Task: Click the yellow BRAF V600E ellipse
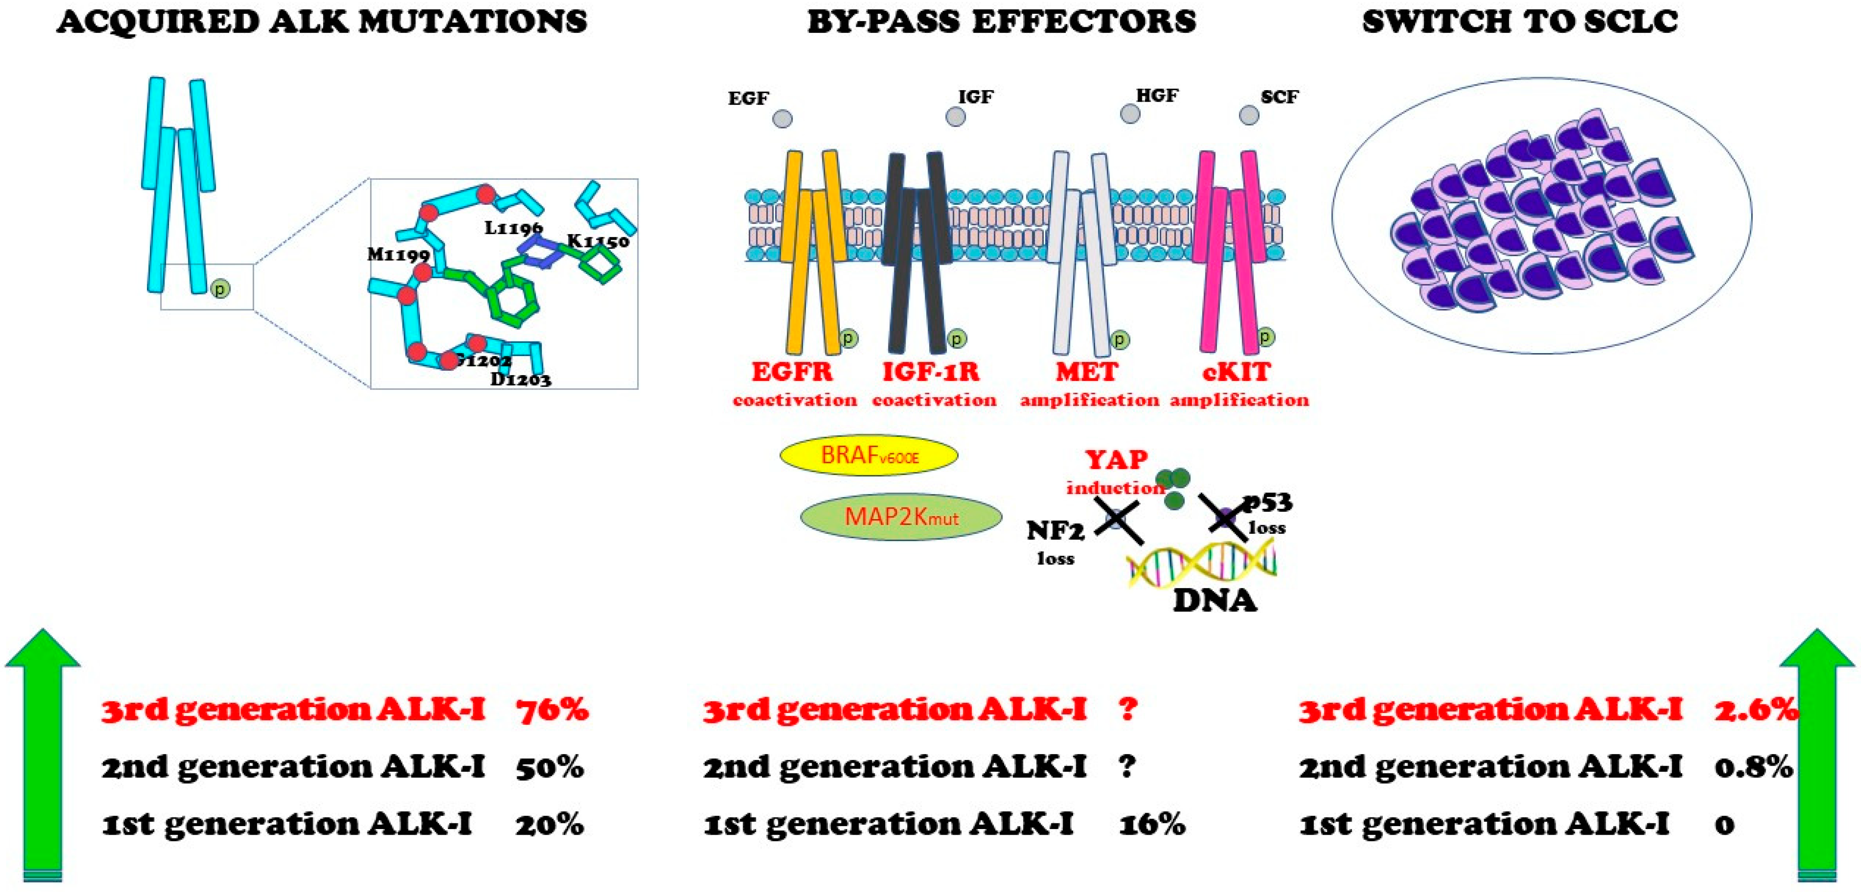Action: [868, 455]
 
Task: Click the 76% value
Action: [552, 710]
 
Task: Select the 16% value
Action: [1151, 824]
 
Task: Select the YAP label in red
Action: [1116, 459]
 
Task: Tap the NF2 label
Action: [1055, 531]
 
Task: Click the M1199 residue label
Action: [398, 254]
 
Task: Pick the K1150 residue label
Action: [598, 241]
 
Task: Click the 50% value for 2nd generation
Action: [549, 767]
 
